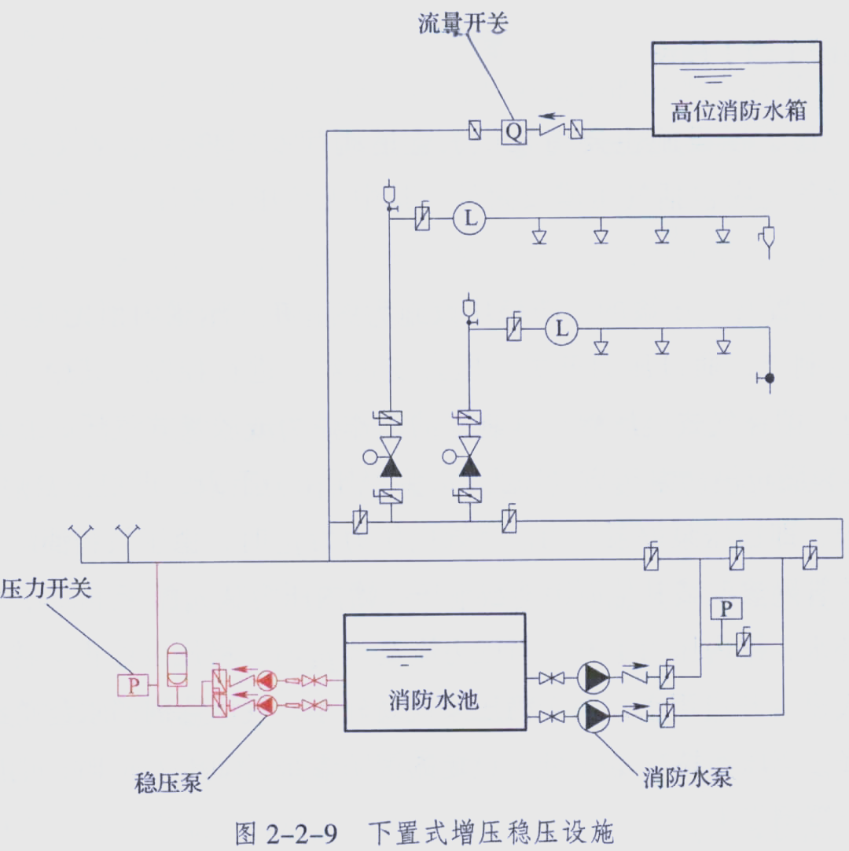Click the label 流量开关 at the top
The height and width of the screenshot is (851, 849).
[x=463, y=24]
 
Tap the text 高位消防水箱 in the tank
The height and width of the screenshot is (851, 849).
[x=738, y=110]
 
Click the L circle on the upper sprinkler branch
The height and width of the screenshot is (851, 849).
[x=469, y=219]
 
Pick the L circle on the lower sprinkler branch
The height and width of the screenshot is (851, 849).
[x=561, y=328]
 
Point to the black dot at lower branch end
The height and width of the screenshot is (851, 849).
[x=770, y=378]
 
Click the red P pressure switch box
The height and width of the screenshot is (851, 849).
[x=133, y=684]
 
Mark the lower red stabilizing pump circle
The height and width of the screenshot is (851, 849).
[x=267, y=706]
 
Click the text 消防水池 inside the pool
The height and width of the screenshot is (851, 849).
[x=433, y=699]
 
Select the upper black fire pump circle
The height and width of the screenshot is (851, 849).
[x=593, y=677]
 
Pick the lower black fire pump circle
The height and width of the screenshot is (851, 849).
[x=593, y=715]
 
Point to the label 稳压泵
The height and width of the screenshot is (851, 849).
[x=168, y=783]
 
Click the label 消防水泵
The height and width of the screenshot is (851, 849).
[x=688, y=777]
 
